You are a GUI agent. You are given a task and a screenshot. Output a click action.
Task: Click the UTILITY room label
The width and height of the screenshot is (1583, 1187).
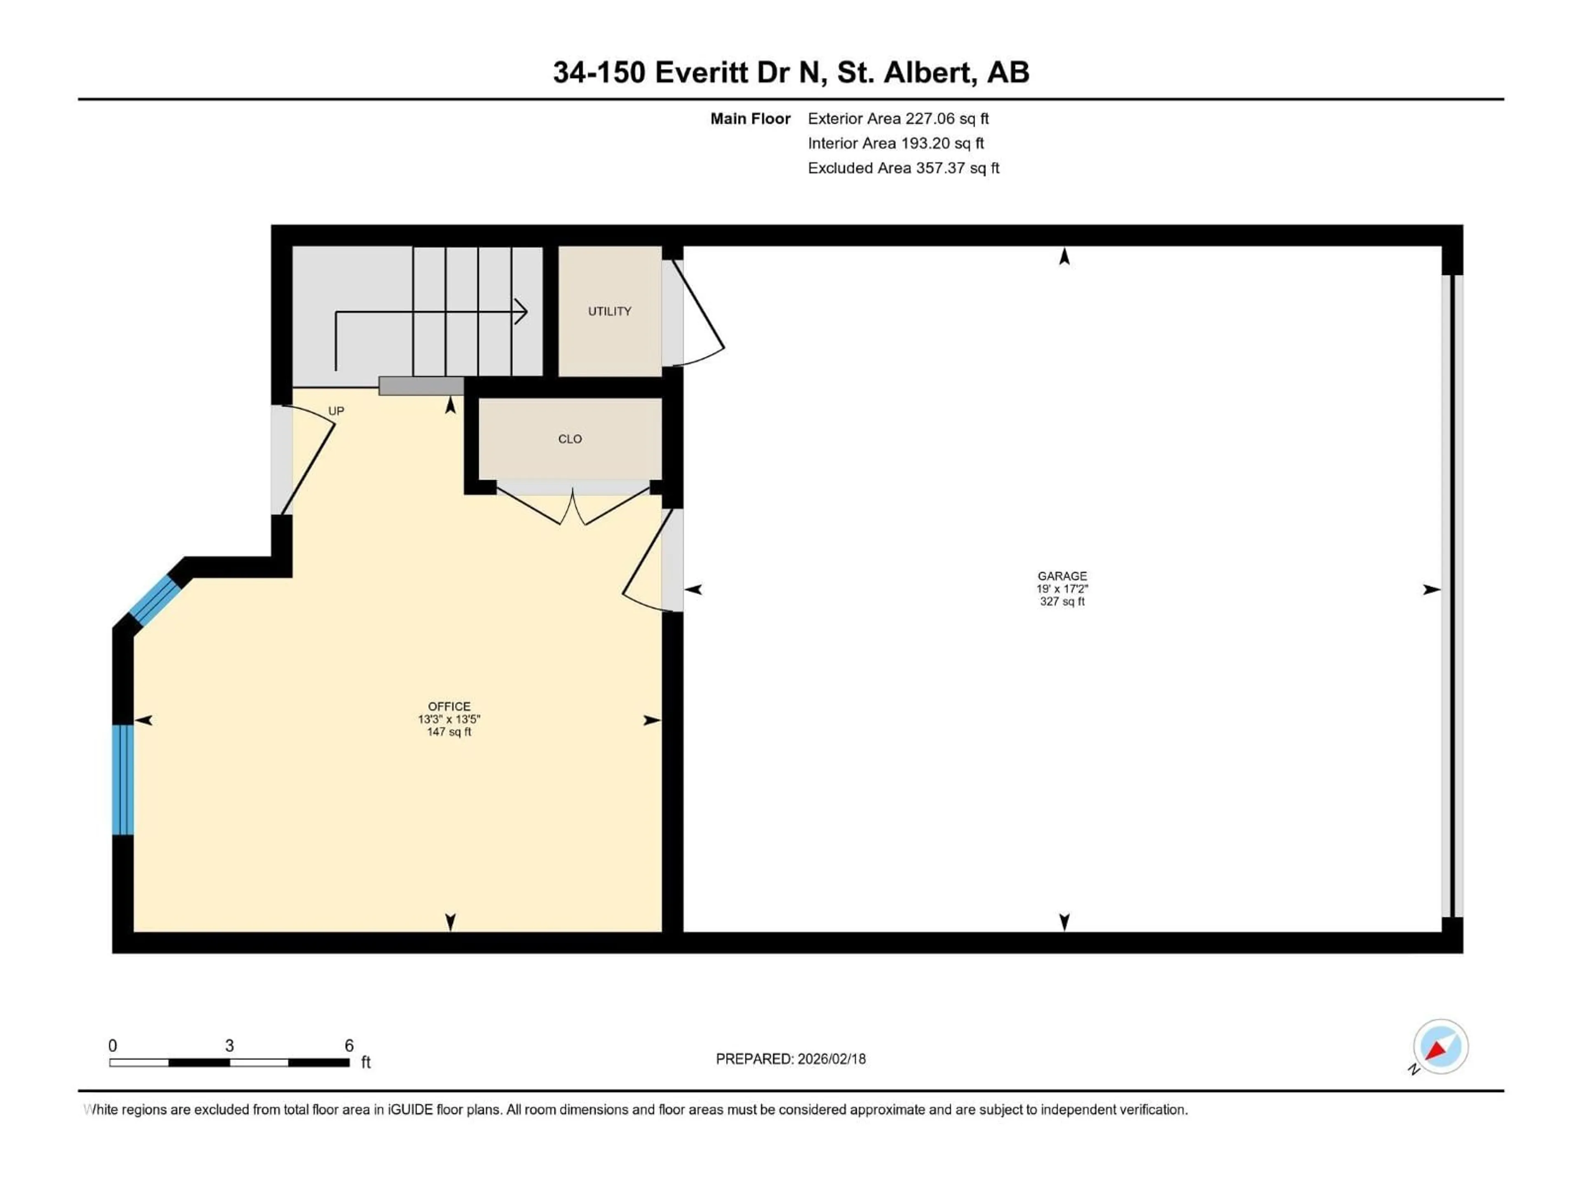609,311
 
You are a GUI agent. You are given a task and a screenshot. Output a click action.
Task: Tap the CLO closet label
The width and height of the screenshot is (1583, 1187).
570,439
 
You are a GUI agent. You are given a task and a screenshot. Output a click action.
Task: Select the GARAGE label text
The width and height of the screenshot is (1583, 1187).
1062,576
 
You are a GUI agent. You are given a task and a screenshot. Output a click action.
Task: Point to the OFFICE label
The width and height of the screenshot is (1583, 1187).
449,706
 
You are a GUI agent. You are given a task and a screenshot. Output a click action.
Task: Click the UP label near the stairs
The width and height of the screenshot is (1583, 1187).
336,411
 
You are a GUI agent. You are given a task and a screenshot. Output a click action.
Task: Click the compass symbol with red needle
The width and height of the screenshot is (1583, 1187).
1440,1047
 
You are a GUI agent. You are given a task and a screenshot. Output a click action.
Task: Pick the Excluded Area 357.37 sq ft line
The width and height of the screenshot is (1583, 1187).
903,168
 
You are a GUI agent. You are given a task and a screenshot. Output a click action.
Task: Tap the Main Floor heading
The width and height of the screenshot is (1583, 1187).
749,119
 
